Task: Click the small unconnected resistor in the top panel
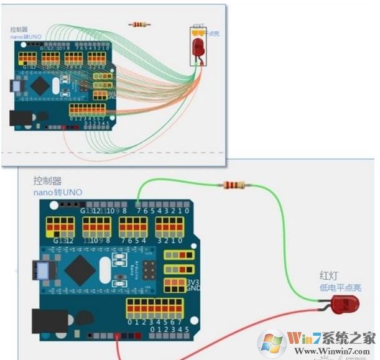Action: click(x=139, y=25)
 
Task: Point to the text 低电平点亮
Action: click(x=341, y=288)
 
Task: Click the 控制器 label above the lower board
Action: click(x=49, y=181)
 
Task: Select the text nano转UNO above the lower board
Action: click(x=57, y=192)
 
